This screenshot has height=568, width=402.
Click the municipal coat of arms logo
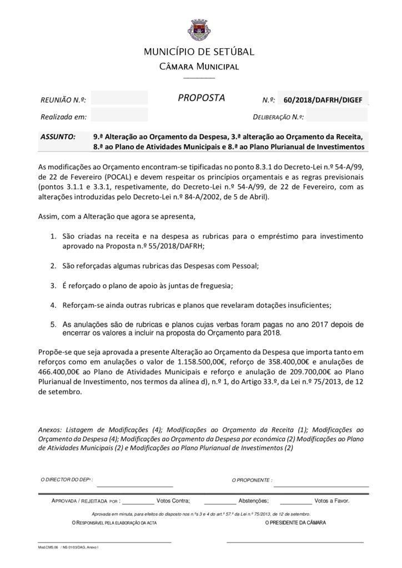200,27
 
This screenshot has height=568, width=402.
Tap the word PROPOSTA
201,98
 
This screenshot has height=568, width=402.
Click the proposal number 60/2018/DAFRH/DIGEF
322,100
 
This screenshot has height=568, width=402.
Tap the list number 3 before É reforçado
53,285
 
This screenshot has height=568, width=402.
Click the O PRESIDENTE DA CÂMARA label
295,523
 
